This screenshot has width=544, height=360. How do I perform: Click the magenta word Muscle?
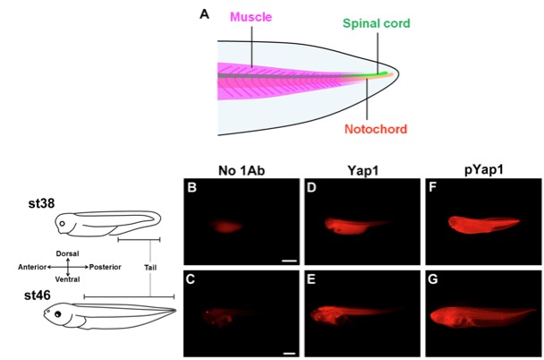point(251,17)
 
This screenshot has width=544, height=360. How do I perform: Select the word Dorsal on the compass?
point(69,254)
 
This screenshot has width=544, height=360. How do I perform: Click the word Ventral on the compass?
point(69,279)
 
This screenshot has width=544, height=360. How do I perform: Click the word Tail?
point(150,267)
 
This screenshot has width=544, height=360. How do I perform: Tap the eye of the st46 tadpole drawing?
point(61,316)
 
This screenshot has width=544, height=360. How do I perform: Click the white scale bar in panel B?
point(288,260)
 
